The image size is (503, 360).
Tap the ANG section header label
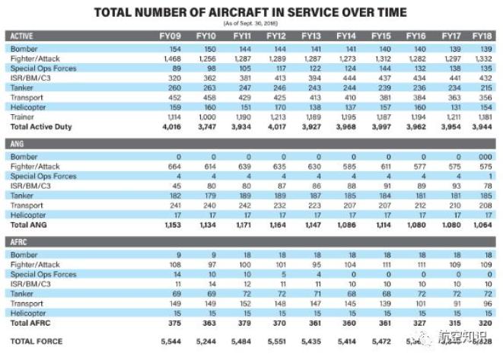click(16, 143)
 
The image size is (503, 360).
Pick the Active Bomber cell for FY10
click(205, 48)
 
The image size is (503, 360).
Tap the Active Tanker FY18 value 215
click(482, 88)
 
